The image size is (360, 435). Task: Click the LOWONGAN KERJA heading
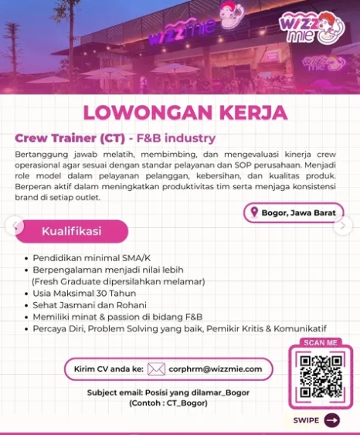point(185,111)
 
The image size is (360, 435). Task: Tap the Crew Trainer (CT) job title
point(69,139)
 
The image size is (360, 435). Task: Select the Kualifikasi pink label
point(73,231)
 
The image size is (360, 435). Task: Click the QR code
point(320,376)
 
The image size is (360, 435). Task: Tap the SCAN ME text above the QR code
point(320,342)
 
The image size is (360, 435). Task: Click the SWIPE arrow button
point(331,420)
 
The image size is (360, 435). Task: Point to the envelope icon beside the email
point(156,369)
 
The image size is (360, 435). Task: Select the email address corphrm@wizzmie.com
point(215,369)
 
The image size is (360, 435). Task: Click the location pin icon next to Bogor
point(253,212)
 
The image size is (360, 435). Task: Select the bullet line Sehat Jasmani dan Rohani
point(87,305)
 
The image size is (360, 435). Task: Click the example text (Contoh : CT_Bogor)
point(168,403)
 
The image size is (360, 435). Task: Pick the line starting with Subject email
point(168,393)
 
